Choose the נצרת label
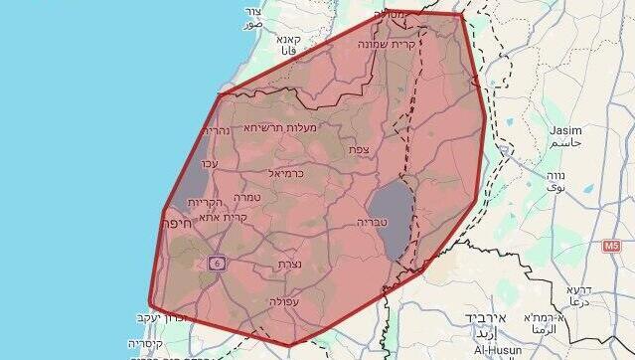pos(289,265)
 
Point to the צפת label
pos(359,149)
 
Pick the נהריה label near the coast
pos(217,130)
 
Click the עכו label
pos(211,163)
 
